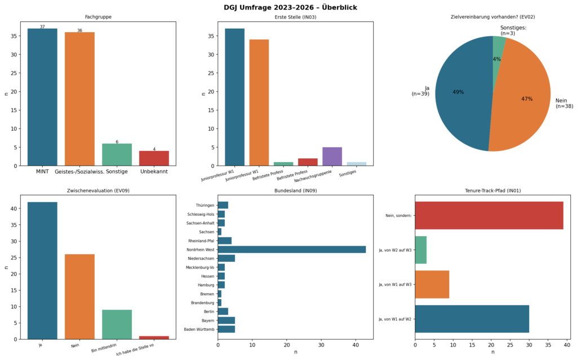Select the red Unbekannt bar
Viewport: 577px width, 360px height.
[154, 158]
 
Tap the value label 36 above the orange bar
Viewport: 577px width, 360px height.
[79, 30]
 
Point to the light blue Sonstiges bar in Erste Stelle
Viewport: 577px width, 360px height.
[356, 164]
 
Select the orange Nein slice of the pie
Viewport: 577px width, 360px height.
[524, 101]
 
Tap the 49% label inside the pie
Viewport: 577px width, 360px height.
[458, 92]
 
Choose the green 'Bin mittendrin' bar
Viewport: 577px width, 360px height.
[117, 325]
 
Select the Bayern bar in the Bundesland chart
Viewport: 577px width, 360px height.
[227, 320]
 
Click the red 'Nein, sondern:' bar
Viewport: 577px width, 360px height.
[489, 215]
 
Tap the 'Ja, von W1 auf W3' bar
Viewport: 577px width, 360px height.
[432, 285]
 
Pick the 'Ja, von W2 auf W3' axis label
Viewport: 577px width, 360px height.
[396, 250]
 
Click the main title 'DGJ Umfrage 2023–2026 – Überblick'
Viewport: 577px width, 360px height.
[288, 7]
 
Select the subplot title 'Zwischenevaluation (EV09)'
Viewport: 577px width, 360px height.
[98, 191]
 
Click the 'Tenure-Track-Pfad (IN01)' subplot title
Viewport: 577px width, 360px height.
[492, 191]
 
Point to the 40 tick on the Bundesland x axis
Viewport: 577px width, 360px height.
[356, 344]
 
